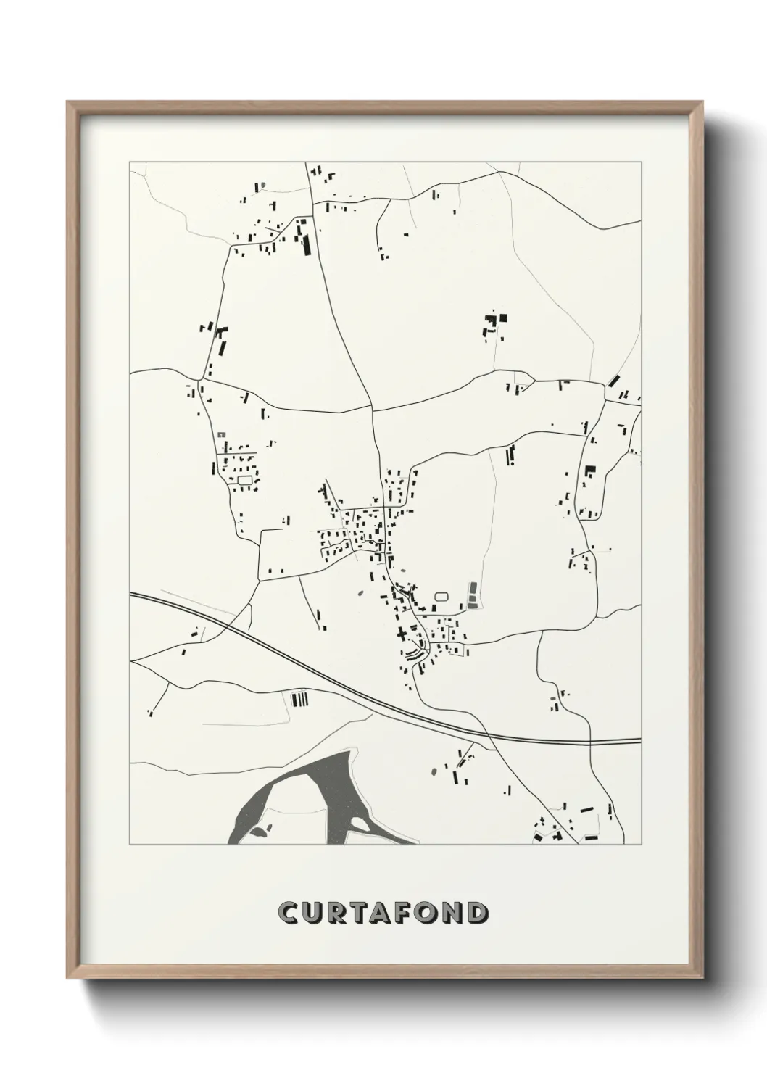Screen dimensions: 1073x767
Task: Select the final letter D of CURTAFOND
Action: click(x=476, y=913)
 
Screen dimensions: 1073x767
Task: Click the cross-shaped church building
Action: click(x=401, y=634)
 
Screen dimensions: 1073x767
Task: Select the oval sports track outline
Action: click(x=441, y=597)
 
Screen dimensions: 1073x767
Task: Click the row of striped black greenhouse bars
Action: click(x=299, y=700)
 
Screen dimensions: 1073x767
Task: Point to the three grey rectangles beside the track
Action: click(x=473, y=596)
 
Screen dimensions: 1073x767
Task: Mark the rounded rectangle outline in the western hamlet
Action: click(x=244, y=479)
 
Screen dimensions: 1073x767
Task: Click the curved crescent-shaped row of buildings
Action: click(x=415, y=654)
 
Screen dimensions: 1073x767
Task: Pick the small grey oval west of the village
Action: click(x=360, y=592)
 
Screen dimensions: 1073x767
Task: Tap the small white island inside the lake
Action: click(x=357, y=824)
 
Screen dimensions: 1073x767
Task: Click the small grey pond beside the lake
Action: click(x=268, y=827)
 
